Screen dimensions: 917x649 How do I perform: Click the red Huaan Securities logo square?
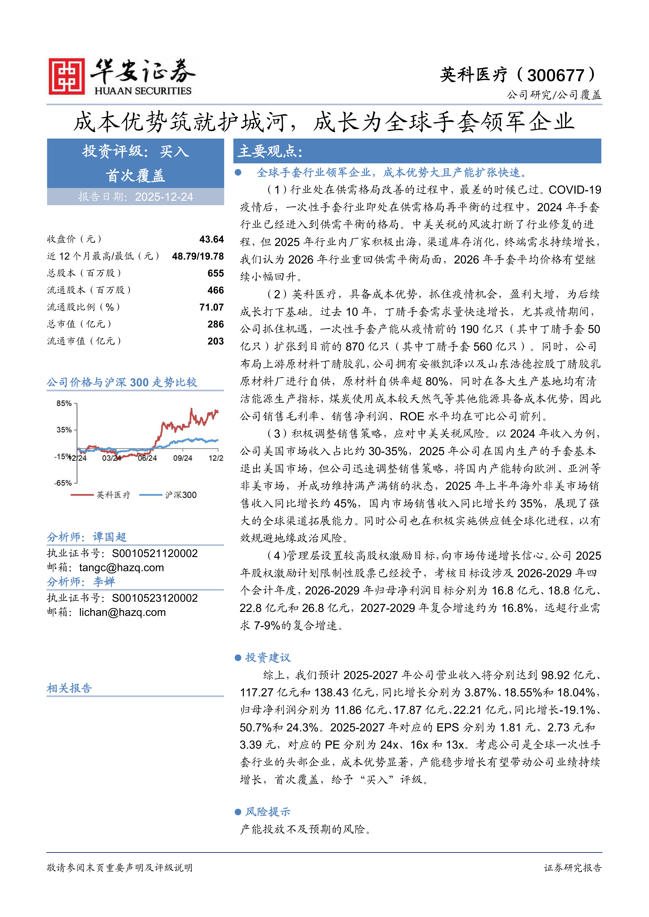(x=66, y=76)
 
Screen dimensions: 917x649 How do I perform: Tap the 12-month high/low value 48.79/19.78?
(x=198, y=256)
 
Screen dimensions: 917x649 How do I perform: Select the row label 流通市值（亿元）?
(x=84, y=341)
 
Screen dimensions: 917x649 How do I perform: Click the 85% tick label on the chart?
(x=64, y=403)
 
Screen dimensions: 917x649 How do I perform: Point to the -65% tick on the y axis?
(x=63, y=483)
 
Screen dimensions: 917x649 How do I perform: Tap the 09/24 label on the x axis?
(x=183, y=458)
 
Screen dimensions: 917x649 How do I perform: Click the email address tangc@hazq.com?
(x=121, y=568)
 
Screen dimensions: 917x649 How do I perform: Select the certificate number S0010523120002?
(x=155, y=598)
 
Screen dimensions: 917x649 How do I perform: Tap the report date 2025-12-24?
(x=164, y=197)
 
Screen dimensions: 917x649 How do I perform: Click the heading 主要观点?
(x=270, y=151)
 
